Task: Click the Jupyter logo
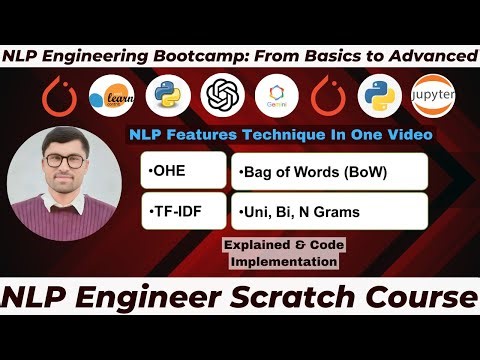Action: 436,97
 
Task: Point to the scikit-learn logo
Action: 110,97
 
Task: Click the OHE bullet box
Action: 183,171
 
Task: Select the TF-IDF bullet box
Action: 183,212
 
